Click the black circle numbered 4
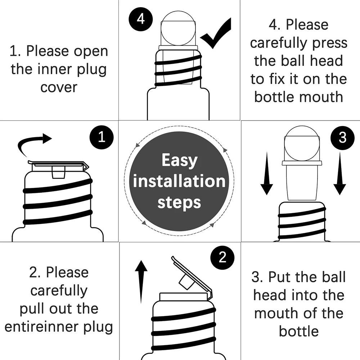click(x=141, y=19)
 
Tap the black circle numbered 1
click(x=102, y=137)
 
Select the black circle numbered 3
click(x=342, y=138)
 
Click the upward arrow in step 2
click(x=141, y=281)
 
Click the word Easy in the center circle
click(x=179, y=160)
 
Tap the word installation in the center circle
click(x=179, y=181)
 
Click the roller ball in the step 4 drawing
click(x=178, y=28)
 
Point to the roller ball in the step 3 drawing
click(x=302, y=143)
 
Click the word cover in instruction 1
click(x=59, y=87)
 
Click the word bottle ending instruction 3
click(x=299, y=331)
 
